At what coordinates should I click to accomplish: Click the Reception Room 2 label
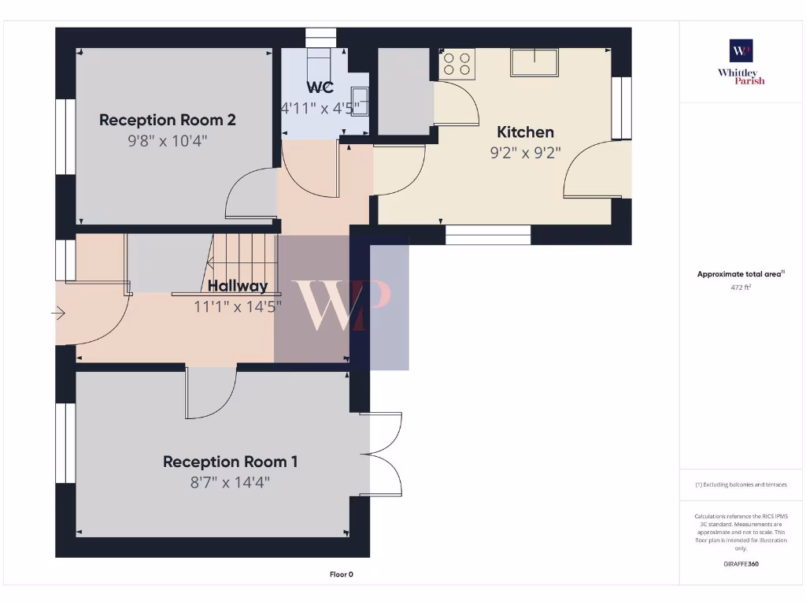click(168, 120)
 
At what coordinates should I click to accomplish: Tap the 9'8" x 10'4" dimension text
click(168, 141)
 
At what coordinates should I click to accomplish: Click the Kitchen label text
click(525, 132)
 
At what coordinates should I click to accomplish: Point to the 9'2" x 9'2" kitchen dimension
click(525, 153)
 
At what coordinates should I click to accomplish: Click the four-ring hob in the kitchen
click(457, 65)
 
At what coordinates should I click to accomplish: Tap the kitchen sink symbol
click(534, 61)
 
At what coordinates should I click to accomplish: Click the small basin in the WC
click(360, 98)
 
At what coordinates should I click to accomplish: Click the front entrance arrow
click(59, 314)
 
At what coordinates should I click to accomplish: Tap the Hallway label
click(237, 286)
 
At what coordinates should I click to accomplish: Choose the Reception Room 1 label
click(231, 462)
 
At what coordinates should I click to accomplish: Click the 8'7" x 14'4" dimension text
click(231, 482)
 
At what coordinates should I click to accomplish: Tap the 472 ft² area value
click(741, 288)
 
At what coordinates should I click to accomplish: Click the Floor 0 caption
click(341, 574)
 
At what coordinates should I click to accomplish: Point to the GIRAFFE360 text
click(741, 564)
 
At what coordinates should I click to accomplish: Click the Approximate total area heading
click(741, 274)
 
